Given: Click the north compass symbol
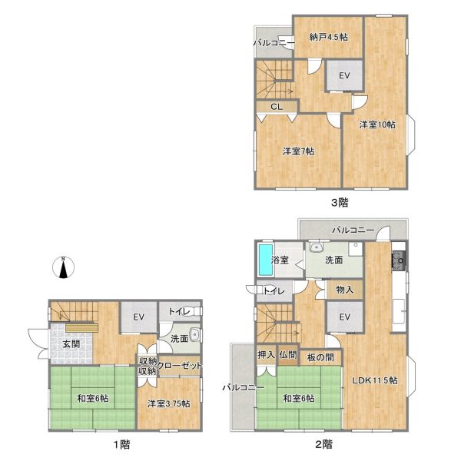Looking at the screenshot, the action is point(63,267).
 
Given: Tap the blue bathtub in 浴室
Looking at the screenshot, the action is point(266,260).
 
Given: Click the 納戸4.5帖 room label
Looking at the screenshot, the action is point(328,38).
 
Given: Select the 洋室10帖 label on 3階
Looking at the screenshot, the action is point(377,124).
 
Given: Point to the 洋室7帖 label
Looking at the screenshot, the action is point(298,151).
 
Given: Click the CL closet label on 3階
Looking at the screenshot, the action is point(277,107).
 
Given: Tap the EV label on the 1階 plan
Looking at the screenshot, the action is point(138,317).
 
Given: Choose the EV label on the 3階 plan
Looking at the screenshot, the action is point(344,76).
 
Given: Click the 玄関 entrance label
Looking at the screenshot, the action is point(71,344).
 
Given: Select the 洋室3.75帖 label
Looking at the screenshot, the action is point(169,403).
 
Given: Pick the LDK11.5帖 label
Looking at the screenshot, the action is point(375,380).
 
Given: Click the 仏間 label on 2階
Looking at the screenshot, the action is point(288,355).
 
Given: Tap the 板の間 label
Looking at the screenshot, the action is point(320,357).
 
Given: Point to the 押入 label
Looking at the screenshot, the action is point(267,355).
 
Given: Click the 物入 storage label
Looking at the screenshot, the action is point(344,290).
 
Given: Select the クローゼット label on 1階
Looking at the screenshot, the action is point(180,366).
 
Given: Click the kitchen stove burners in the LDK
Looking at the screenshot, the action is point(398,261).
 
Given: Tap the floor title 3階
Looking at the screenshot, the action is point(340,203).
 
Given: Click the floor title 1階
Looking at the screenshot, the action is point(121,444).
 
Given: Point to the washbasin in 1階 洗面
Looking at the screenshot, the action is point(194,335).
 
